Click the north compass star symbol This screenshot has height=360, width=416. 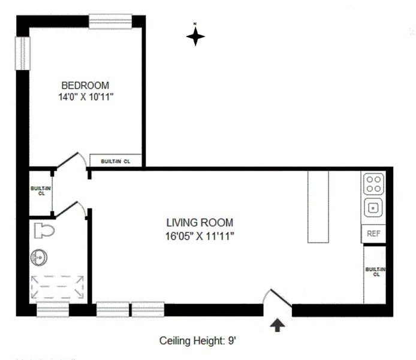tap(195, 37)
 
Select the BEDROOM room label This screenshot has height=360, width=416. tap(85, 86)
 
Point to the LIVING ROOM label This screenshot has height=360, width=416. tap(200, 222)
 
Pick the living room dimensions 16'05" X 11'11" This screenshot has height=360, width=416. tap(200, 235)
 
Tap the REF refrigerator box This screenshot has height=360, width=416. tap(373, 234)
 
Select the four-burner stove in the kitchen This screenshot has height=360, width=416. tap(373, 183)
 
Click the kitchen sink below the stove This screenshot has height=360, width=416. tap(373, 208)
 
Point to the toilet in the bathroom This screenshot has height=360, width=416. tap(44, 230)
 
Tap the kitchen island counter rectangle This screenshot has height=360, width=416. tap(319, 207)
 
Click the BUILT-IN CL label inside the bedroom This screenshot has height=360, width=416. tap(116, 161)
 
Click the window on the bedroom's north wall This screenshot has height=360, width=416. tap(110, 22)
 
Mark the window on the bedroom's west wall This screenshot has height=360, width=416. tap(22, 53)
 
